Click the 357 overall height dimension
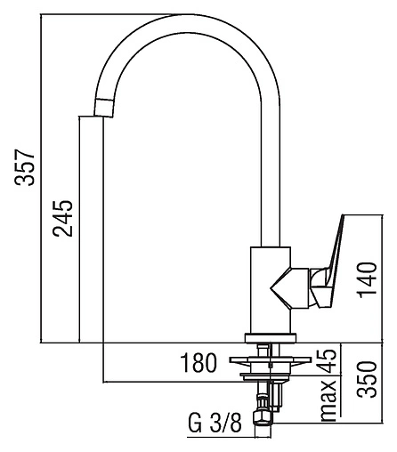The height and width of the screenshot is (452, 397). [26, 167]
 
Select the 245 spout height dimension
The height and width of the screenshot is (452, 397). [62, 219]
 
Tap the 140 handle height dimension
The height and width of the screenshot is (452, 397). [368, 280]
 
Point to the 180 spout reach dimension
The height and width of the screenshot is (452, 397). [198, 362]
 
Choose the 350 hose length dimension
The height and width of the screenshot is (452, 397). [367, 379]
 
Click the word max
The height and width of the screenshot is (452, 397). [328, 400]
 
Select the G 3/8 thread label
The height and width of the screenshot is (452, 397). [215, 424]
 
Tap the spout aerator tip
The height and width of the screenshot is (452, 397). [103, 107]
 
